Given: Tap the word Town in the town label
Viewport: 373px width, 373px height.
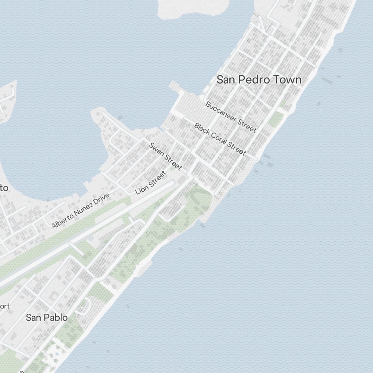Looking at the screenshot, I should click(x=287, y=79).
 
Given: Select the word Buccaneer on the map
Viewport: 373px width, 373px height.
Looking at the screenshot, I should click(x=220, y=110).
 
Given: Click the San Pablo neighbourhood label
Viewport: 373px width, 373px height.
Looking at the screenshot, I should click(x=47, y=317).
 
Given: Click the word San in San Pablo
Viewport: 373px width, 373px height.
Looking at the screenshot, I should click(x=33, y=317).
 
